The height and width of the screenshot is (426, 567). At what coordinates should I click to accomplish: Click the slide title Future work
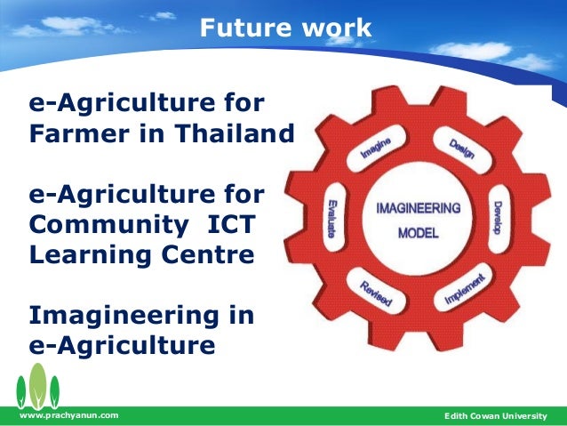pos(285,28)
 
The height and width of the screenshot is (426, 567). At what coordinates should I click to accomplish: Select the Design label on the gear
pos(461,148)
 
